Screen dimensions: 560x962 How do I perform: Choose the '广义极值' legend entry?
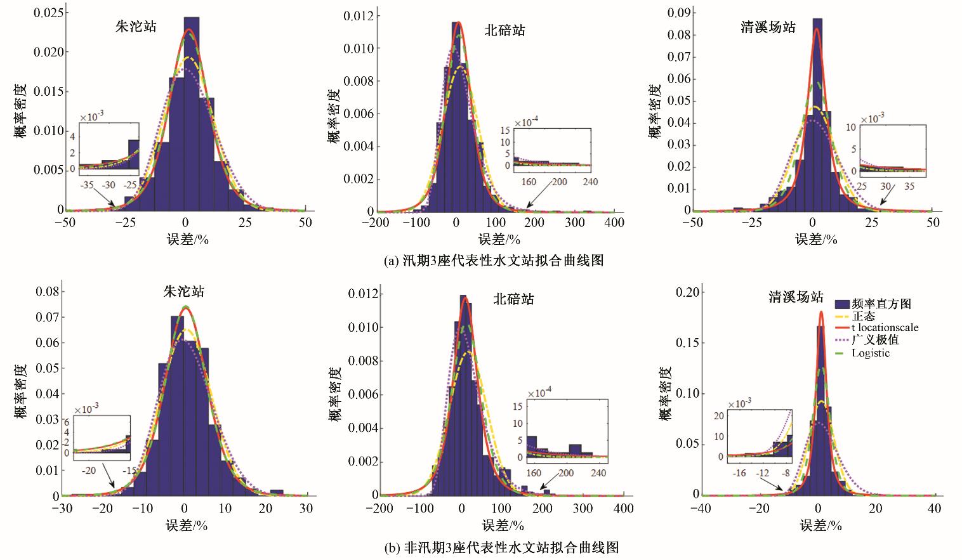tap(875, 341)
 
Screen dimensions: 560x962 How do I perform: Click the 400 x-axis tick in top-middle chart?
tap(614, 223)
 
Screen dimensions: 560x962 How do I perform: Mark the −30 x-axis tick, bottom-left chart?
tap(62, 509)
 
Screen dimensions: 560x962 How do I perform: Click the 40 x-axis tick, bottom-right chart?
tap(934, 509)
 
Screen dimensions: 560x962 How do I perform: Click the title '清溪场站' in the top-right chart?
tap(768, 27)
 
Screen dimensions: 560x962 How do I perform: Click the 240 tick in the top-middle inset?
tap(590, 182)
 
